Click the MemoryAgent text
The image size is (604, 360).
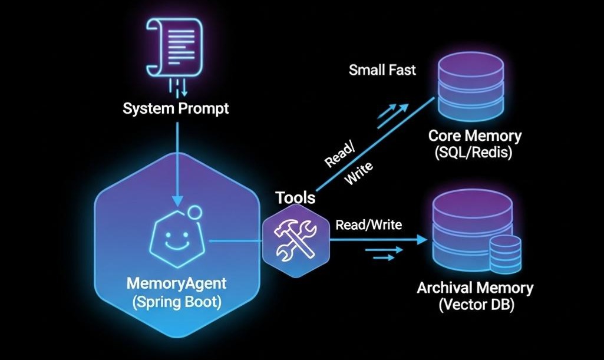(x=177, y=283)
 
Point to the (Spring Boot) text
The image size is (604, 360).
(x=177, y=303)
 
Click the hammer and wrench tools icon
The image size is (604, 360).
(x=295, y=241)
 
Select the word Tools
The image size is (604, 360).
(x=295, y=199)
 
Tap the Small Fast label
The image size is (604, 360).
(x=382, y=70)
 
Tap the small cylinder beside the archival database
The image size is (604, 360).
(x=506, y=252)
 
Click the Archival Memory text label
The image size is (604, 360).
(x=475, y=288)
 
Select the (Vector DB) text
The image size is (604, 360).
(x=475, y=306)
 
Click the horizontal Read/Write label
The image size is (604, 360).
(x=368, y=224)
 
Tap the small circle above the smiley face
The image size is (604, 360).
(x=193, y=212)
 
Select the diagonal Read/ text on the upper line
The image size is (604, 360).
(x=340, y=155)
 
